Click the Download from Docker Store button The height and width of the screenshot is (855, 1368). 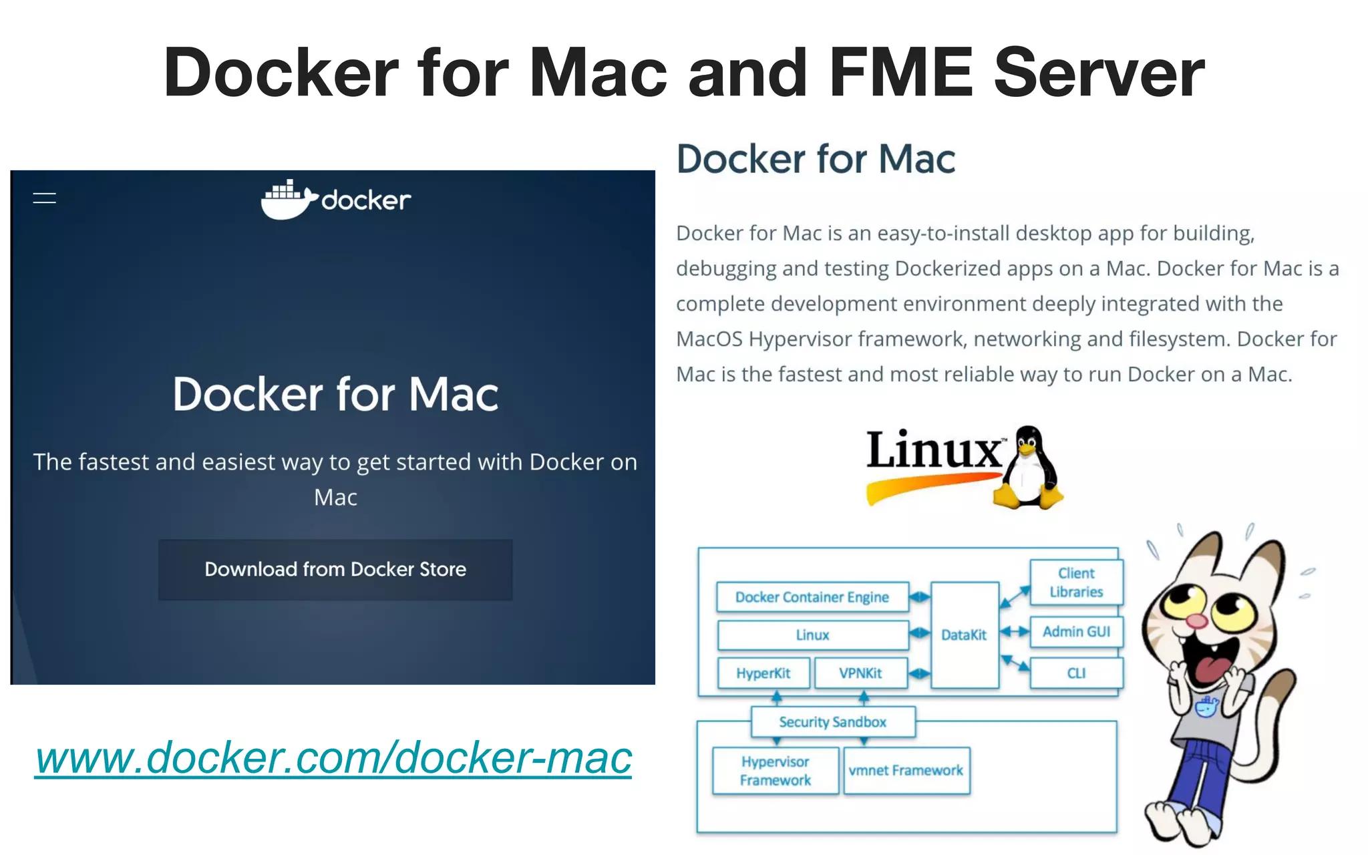point(335,570)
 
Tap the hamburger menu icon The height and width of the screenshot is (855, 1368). point(45,198)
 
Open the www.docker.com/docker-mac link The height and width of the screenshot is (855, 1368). point(333,758)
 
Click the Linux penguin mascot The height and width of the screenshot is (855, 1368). point(1029,468)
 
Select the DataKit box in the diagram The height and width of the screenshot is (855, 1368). point(964,635)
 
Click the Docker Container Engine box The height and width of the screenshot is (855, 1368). point(812,597)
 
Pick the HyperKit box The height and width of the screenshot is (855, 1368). point(763,673)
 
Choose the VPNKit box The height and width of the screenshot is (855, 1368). point(860,673)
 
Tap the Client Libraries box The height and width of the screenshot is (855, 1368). point(1076,582)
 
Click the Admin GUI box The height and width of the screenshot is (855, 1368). point(1076,632)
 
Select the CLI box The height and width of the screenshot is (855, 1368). point(1076,673)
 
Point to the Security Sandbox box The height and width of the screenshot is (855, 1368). point(832,722)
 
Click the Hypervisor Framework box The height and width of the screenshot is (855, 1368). point(775,771)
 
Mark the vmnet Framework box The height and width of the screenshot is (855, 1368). point(906,771)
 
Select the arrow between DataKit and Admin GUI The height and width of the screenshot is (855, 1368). point(1015,632)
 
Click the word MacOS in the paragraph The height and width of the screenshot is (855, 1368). point(709,339)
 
